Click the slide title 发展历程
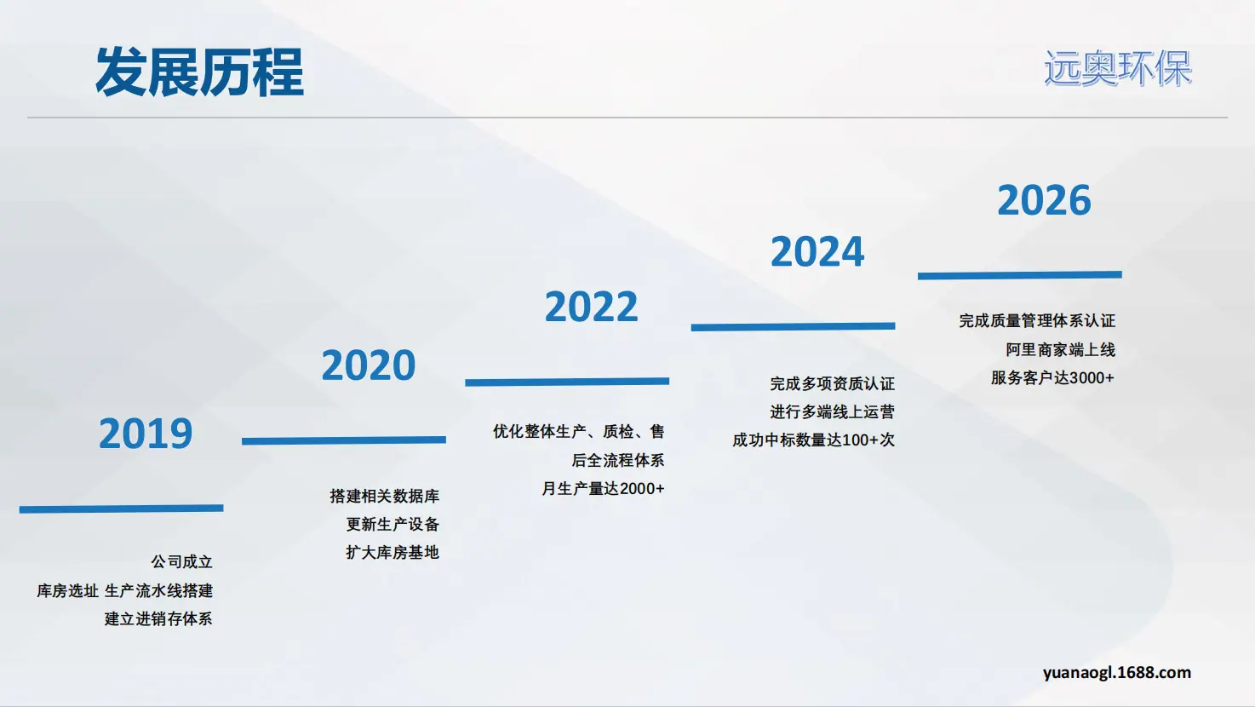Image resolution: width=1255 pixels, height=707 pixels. (x=199, y=72)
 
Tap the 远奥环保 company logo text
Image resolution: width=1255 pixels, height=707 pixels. (x=1118, y=69)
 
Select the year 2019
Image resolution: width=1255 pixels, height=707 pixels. (x=146, y=434)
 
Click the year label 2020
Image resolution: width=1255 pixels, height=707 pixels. (x=368, y=365)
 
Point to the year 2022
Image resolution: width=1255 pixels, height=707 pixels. (x=591, y=307)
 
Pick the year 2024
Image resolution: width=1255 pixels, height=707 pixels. (x=817, y=251)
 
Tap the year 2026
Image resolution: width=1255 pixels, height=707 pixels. (x=1045, y=200)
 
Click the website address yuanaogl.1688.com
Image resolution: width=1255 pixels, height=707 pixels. (x=1117, y=672)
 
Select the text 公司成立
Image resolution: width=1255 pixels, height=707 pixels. (x=181, y=561)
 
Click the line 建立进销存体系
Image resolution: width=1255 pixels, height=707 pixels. (x=158, y=618)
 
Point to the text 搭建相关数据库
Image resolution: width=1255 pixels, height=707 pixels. (x=384, y=496)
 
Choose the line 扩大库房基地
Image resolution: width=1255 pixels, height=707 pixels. (x=393, y=552)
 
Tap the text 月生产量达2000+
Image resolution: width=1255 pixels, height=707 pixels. (x=603, y=488)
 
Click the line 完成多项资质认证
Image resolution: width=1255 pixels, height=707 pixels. (x=832, y=383)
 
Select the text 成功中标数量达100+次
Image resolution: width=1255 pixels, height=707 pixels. (x=813, y=440)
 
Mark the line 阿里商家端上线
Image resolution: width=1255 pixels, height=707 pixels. (x=1060, y=349)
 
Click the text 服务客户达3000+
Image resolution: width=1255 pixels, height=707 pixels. (x=1052, y=377)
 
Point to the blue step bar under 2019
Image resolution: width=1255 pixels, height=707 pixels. (x=121, y=509)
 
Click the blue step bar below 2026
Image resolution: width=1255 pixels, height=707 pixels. (x=1020, y=275)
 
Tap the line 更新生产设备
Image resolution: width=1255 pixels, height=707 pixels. (x=393, y=524)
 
